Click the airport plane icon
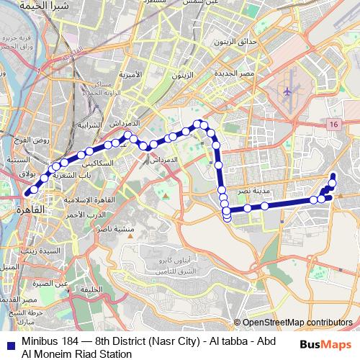[x=287, y=91]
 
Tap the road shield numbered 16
[x=333, y=125]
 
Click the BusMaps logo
[x=322, y=345]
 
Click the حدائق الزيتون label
[x=231, y=42]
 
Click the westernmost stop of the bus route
[x=28, y=192]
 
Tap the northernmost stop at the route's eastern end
[x=333, y=177]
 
